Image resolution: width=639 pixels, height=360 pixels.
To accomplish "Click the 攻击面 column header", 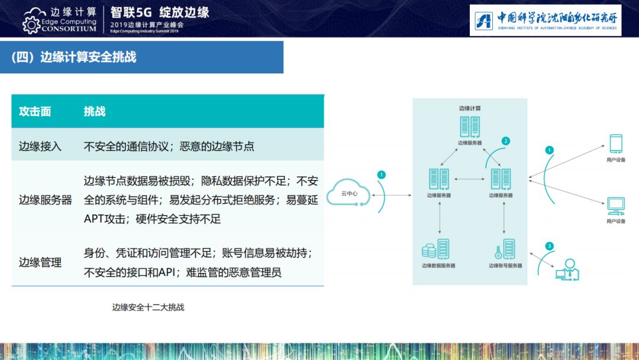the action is (35, 111).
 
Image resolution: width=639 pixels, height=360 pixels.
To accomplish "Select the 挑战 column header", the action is (95, 111).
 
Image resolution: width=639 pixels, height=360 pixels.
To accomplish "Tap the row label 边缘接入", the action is (40, 146).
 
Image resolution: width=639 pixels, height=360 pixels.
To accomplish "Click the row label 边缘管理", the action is (40, 262).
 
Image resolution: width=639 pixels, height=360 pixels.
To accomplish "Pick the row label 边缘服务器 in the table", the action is (45, 200).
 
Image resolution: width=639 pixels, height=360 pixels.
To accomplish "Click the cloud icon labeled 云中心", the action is (348, 192).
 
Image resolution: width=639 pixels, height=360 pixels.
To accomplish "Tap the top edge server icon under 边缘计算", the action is (470, 126).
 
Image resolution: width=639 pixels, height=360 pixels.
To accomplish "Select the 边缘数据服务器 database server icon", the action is (435, 249).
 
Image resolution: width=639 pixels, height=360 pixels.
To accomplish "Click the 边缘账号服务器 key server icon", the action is (505, 249).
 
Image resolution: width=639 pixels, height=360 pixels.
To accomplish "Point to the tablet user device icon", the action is (616, 144).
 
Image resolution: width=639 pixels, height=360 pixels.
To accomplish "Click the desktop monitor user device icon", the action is (616, 206).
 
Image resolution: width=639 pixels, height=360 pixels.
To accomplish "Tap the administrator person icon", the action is (567, 270).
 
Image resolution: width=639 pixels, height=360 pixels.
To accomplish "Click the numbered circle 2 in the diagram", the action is (506, 141).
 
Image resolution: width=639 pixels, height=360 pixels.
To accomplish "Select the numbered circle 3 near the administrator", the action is (549, 246).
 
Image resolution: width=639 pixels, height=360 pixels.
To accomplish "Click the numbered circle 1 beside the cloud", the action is (382, 175).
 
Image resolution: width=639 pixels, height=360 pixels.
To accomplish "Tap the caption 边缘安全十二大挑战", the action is (148, 307).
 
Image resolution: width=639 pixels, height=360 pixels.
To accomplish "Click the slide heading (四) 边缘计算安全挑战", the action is (74, 57).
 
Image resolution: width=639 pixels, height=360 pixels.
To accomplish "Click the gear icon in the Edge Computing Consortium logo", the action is (31, 25).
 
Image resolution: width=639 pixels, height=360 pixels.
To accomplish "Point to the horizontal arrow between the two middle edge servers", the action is (469, 179).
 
